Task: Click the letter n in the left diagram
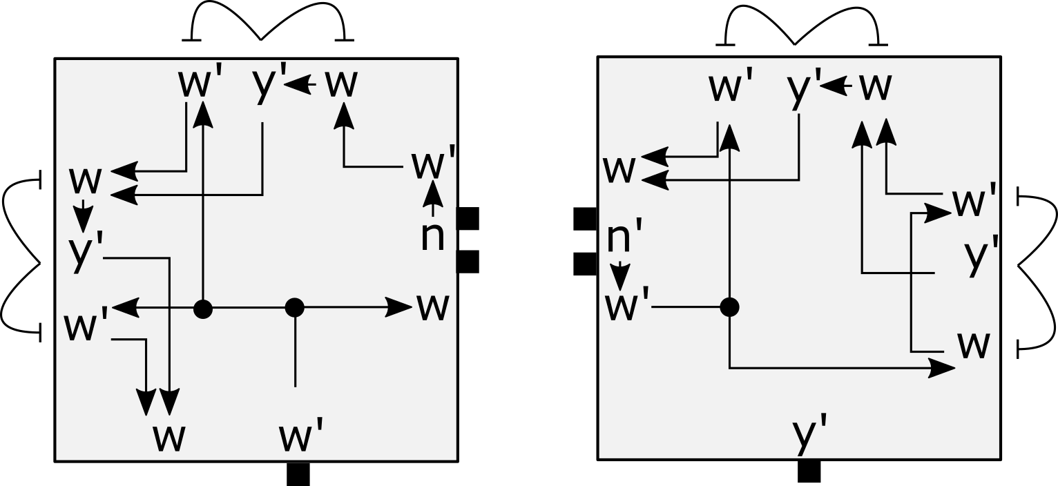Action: coord(433,236)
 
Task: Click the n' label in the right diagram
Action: coord(624,240)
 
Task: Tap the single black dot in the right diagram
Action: coord(729,307)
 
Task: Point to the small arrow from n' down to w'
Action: coord(622,276)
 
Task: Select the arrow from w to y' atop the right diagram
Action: coord(838,86)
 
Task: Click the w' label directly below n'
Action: coord(627,307)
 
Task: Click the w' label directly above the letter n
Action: coord(433,165)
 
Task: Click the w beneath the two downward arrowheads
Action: coord(169,438)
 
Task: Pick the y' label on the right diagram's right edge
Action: coord(981,255)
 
